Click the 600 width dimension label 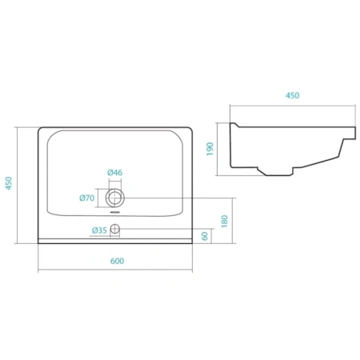118,261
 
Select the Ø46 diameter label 115,173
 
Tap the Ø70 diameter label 87,198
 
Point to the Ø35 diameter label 99,230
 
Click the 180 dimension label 225,221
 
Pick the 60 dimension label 205,236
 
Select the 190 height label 210,149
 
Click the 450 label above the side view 293,95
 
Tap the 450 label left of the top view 9,183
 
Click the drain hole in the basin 115,198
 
